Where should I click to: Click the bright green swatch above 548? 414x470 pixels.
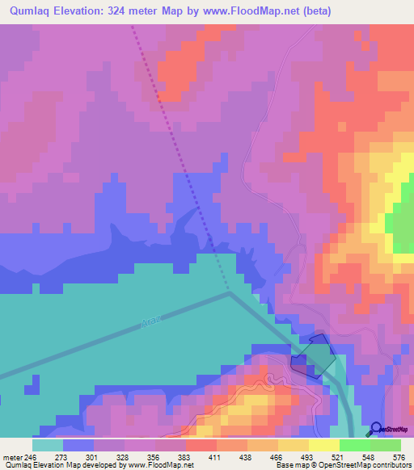point(355,445)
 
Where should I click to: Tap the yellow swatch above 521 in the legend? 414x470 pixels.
point(324,445)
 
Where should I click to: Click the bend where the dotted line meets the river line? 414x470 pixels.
point(229,292)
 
